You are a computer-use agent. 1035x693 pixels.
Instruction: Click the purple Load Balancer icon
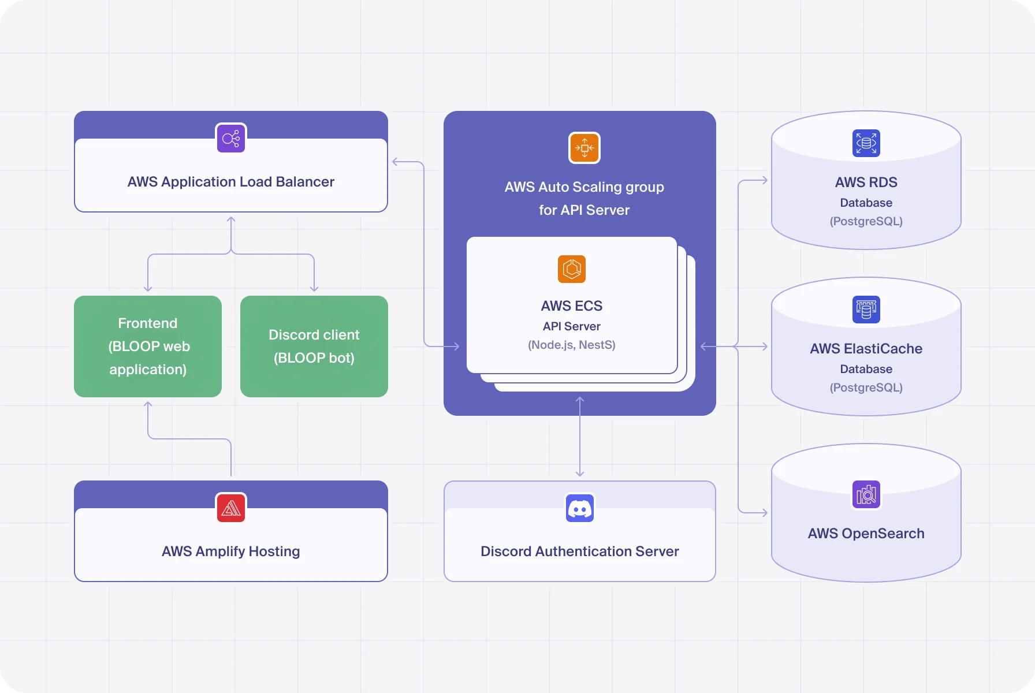tap(231, 138)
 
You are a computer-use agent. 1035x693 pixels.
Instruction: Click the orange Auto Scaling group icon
tap(584, 148)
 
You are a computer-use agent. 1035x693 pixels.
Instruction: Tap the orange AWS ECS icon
tap(572, 269)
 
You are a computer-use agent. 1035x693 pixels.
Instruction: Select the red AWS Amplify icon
tap(231, 508)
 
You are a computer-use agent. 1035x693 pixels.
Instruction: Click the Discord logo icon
tap(580, 508)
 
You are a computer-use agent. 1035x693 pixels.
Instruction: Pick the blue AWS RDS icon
tap(866, 143)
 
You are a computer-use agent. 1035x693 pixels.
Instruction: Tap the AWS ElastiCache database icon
tap(866, 310)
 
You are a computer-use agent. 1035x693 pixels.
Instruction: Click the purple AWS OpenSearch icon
tap(866, 494)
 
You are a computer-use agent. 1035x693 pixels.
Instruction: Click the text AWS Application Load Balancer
tap(231, 182)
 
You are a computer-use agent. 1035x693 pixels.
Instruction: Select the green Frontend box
tap(148, 346)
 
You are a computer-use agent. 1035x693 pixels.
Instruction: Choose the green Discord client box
tap(314, 346)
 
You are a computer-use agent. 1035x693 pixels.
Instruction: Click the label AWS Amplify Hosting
tap(231, 552)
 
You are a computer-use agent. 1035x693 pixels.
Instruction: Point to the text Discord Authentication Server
tap(580, 552)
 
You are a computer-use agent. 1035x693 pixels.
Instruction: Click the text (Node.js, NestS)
tap(572, 345)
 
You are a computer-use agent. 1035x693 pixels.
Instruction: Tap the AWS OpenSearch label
tap(866, 534)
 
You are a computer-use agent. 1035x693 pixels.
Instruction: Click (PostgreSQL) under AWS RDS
tap(866, 221)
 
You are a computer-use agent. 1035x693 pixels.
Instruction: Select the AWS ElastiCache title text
tap(866, 349)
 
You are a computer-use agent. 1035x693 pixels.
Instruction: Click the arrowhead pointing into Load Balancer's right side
tap(396, 162)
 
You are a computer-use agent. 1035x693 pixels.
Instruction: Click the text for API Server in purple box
tap(584, 210)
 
